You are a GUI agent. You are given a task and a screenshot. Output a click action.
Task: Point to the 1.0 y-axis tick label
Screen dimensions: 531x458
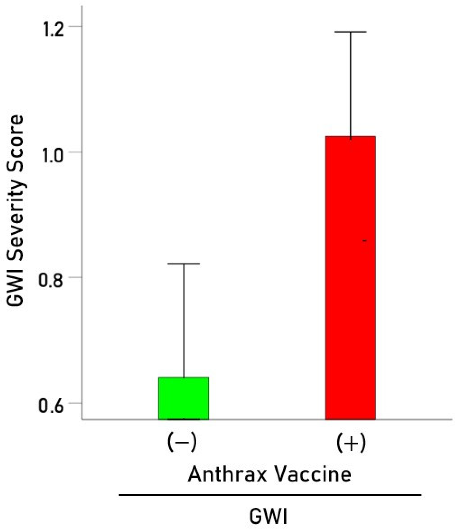53,156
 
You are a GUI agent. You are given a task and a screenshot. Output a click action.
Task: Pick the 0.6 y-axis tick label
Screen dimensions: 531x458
50,406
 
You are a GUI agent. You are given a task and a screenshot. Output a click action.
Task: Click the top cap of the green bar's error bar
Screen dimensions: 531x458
183,264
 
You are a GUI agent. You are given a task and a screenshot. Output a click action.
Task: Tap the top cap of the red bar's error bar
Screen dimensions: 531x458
350,32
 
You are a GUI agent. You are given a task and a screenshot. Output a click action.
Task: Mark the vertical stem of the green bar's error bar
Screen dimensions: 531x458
184,320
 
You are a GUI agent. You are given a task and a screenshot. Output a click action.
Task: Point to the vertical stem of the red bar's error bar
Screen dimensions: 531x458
350,85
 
